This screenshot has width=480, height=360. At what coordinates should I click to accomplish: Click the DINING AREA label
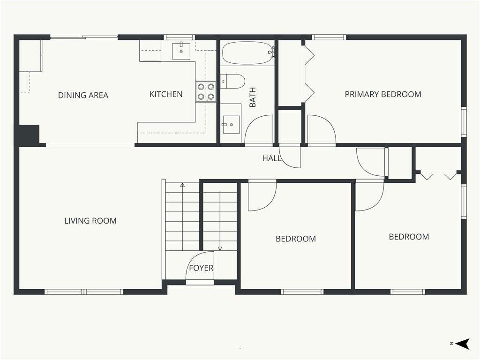83,95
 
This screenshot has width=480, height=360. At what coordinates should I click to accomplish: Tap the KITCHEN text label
166,94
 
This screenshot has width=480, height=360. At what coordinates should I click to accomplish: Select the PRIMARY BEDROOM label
383,94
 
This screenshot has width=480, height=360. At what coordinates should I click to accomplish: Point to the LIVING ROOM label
90,221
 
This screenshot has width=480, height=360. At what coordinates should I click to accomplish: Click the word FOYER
201,268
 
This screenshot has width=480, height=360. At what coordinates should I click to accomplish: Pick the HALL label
272,158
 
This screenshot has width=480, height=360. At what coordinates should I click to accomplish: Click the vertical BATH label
253,97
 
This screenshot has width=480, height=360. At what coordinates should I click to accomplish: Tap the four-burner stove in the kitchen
206,92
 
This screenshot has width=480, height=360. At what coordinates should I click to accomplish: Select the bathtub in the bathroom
247,52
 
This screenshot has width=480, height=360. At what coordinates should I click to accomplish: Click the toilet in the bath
232,81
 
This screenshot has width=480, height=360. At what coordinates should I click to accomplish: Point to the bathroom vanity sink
231,125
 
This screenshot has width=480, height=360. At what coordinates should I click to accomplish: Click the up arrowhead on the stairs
182,185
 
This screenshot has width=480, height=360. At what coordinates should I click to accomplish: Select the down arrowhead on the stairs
220,248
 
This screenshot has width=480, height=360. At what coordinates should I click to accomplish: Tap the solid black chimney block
30,134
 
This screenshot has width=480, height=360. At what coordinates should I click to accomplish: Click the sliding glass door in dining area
84,37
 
